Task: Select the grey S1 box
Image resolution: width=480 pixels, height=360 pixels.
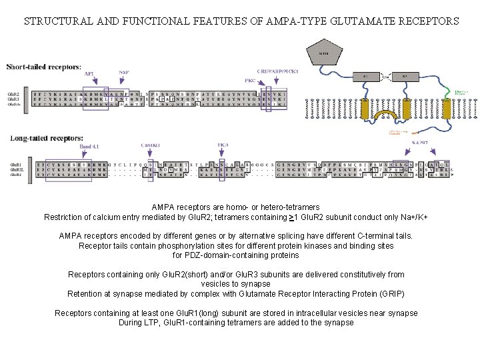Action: point(365,77)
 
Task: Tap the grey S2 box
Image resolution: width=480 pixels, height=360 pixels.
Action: point(404,77)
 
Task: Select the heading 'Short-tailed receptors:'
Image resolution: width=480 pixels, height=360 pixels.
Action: point(45,67)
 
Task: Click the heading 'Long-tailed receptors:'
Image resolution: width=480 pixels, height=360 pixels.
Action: point(45,138)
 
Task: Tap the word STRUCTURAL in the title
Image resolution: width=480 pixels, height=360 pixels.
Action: point(55,21)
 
